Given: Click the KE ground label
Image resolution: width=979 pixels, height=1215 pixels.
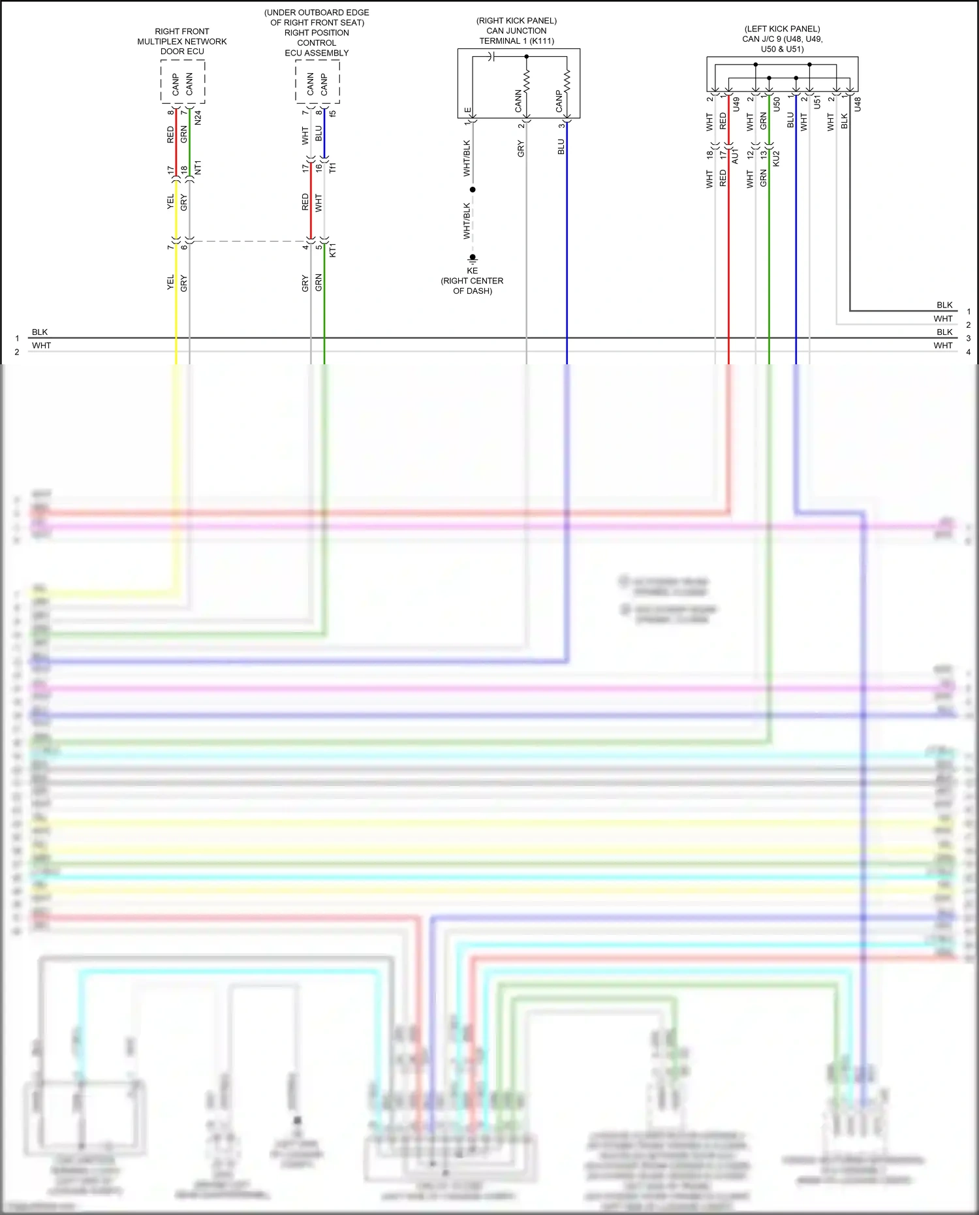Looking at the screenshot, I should (472, 270).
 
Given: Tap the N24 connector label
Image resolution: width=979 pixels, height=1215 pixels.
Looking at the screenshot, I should (198, 118).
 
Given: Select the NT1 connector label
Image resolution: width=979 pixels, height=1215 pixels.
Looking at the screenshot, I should (198, 167).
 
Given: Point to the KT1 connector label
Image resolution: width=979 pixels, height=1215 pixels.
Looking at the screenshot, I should (332, 249).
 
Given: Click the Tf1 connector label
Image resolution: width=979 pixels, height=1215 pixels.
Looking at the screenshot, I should (332, 168).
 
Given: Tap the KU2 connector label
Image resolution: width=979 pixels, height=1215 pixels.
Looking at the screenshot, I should (776, 158).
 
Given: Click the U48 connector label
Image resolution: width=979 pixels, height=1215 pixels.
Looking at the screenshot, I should (858, 104).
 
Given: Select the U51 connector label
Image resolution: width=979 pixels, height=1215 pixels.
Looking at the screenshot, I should (816, 102).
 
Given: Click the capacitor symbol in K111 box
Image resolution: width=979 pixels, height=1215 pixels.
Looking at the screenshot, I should (493, 57).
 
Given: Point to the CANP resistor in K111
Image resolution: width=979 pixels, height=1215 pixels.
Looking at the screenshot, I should (567, 81).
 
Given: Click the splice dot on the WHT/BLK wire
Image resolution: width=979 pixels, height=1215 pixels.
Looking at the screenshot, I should (473, 189).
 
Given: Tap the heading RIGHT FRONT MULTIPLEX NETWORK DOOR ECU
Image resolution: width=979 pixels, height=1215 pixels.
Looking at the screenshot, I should (182, 41).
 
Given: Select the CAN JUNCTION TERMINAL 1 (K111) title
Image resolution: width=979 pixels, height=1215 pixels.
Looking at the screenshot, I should (516, 35).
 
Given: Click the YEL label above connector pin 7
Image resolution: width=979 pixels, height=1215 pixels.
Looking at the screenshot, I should (171, 201).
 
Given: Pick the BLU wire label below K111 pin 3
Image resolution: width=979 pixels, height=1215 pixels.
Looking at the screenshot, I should (561, 146).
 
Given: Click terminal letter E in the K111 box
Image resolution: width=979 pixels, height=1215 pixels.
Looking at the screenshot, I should (467, 110).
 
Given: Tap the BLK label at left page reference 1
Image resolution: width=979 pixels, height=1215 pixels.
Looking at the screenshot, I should (40, 332).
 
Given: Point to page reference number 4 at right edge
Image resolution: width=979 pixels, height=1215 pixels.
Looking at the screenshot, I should (968, 352).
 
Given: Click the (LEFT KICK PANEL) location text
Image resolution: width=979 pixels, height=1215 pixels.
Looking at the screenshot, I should (782, 29).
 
